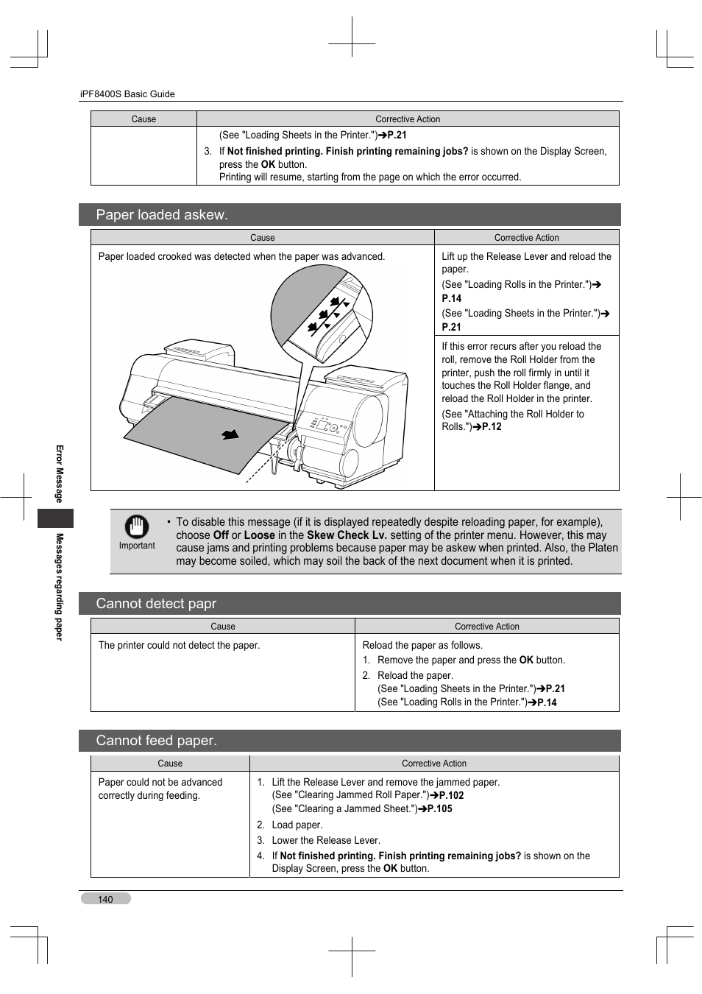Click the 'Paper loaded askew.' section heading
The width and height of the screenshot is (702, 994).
click(162, 215)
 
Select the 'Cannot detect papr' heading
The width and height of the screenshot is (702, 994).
click(156, 604)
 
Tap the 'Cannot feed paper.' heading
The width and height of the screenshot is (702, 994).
click(156, 741)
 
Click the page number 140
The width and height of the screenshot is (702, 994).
click(105, 899)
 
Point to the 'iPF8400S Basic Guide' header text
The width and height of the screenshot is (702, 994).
click(127, 94)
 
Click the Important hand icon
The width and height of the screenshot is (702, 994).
click(137, 527)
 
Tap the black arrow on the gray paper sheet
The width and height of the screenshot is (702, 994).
click(230, 434)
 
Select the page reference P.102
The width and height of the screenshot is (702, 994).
click(451, 796)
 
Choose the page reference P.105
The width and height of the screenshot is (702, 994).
click(440, 809)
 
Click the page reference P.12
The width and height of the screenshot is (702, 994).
click(492, 427)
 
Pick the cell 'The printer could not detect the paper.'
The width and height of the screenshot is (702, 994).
click(179, 646)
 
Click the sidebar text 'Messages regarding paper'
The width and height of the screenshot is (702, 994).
click(60, 587)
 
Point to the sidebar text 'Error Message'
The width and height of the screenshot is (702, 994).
click(60, 473)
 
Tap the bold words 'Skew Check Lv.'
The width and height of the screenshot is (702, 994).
click(347, 535)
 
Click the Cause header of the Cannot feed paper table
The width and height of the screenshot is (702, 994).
click(170, 764)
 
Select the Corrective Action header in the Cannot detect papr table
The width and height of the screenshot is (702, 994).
click(486, 627)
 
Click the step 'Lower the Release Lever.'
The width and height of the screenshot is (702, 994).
click(326, 841)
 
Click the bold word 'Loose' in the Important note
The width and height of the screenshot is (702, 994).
click(259, 535)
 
